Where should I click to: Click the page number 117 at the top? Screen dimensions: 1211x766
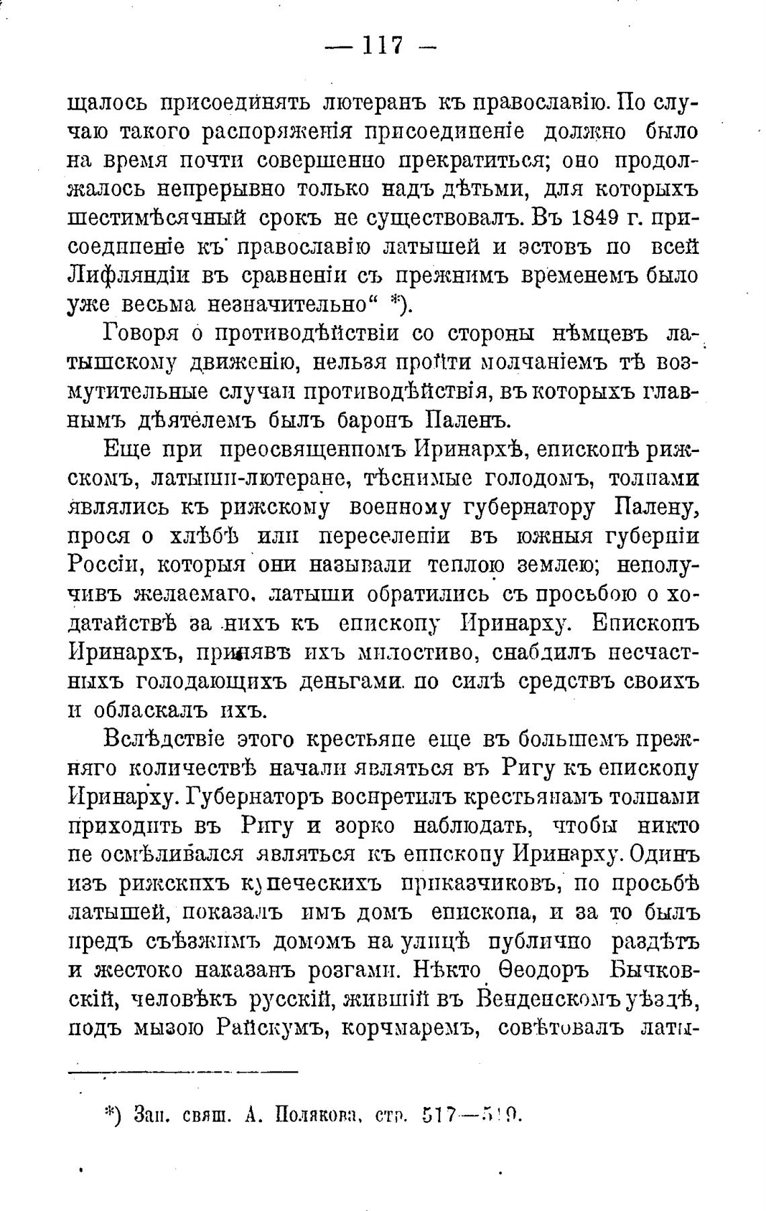(382, 46)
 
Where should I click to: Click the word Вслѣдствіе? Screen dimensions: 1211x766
(167, 739)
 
